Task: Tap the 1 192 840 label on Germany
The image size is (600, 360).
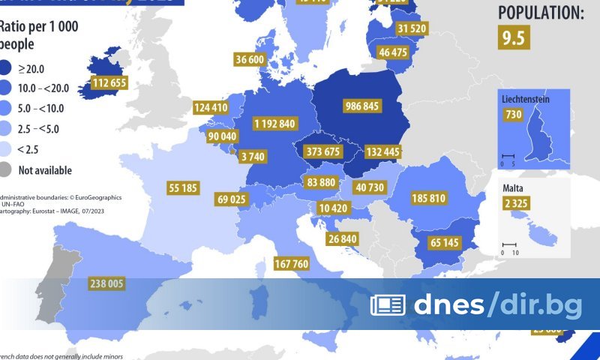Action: point(275,123)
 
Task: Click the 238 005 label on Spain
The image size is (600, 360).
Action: point(106,283)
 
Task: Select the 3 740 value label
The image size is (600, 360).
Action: point(257,156)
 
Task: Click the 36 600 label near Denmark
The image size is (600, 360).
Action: point(250,59)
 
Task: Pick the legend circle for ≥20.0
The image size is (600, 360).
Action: point(6,69)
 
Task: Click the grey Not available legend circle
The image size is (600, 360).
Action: point(6,169)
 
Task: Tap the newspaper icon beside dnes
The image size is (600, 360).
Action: point(388,304)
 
